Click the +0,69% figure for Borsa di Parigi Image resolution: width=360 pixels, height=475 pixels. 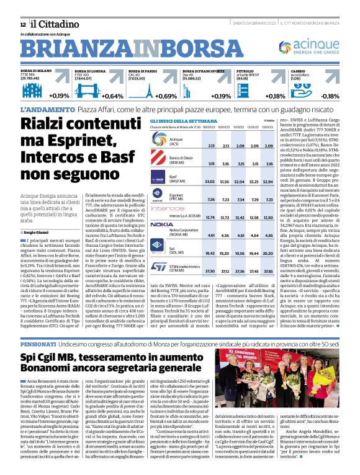tap(166, 96)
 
